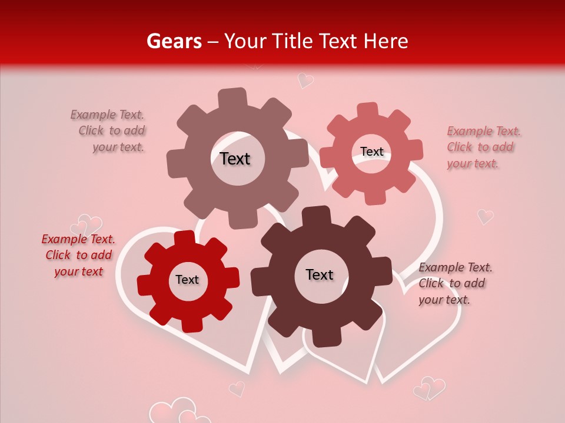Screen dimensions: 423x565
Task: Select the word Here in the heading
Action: pyautogui.click(x=385, y=41)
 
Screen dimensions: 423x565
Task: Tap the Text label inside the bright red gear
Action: pyautogui.click(x=187, y=280)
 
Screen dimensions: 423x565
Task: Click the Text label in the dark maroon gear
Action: pyautogui.click(x=320, y=275)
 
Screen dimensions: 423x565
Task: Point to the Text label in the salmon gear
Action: pyautogui.click(x=372, y=152)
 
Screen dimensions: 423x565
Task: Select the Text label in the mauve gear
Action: pyautogui.click(x=235, y=159)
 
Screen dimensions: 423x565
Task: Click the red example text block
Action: pyautogui.click(x=78, y=256)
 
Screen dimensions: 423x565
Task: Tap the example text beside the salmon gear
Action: pyautogui.click(x=484, y=147)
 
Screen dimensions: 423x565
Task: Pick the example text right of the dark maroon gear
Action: pyautogui.click(x=455, y=283)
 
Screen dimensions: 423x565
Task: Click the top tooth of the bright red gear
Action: pyautogui.click(x=184, y=239)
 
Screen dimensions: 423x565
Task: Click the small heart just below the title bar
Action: pyautogui.click(x=305, y=80)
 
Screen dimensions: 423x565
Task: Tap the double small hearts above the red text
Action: pyautogui.click(x=87, y=225)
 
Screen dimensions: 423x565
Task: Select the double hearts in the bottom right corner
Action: pyautogui.click(x=429, y=388)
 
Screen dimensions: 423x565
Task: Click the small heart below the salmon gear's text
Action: pyautogui.click(x=485, y=217)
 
